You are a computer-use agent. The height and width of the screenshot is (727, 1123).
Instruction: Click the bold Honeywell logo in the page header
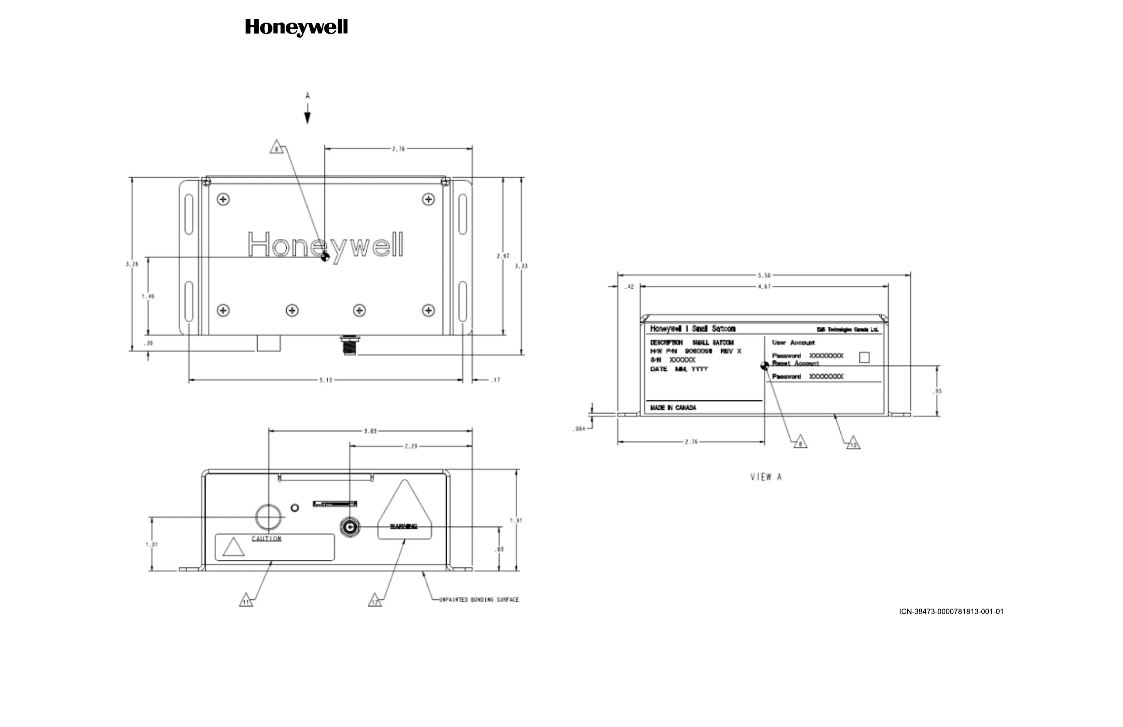click(x=296, y=28)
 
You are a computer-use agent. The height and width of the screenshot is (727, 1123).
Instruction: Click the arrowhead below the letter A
click(x=308, y=117)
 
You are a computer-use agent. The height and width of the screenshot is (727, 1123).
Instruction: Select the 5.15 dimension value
click(x=326, y=380)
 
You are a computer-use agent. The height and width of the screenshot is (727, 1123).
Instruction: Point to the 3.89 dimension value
click(x=370, y=431)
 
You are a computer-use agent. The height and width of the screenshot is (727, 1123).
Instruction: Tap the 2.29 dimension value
click(x=411, y=446)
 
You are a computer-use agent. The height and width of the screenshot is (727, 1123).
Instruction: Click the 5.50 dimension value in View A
click(x=764, y=275)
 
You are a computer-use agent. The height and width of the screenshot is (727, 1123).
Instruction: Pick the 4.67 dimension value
click(x=764, y=286)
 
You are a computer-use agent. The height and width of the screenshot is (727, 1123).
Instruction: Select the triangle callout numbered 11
click(x=246, y=600)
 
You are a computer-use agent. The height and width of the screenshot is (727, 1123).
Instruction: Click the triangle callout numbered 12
click(x=375, y=601)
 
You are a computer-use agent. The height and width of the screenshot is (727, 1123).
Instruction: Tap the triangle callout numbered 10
click(x=853, y=443)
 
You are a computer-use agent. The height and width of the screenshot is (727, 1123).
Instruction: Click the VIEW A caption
click(x=766, y=477)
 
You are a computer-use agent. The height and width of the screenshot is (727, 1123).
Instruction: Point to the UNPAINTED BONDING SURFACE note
click(x=478, y=599)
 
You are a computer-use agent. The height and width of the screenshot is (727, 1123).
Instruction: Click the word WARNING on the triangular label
click(x=403, y=526)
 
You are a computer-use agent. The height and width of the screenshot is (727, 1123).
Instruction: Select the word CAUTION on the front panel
click(x=266, y=539)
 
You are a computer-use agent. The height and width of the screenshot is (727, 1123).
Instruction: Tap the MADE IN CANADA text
click(x=673, y=408)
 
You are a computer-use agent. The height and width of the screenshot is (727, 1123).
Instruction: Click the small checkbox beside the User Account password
click(x=864, y=358)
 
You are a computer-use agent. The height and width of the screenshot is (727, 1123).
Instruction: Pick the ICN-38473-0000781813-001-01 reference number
click(x=951, y=611)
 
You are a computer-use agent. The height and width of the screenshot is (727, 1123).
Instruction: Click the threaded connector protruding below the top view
click(x=350, y=346)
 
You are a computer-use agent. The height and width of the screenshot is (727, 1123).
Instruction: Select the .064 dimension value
click(x=579, y=429)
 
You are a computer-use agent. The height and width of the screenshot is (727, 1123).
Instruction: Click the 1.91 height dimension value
click(x=516, y=520)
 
